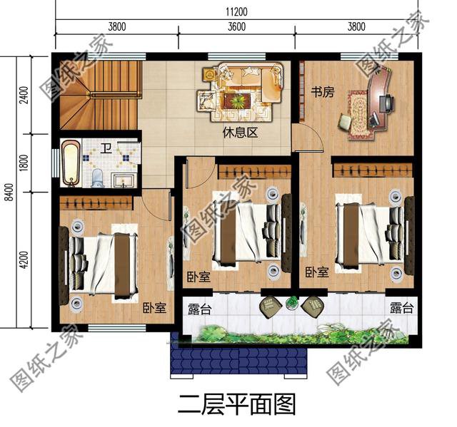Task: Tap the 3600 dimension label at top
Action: tap(237, 27)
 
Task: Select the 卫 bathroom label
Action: tap(106, 148)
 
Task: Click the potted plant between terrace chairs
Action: tap(291, 303)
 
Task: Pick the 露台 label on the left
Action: tap(199, 308)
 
